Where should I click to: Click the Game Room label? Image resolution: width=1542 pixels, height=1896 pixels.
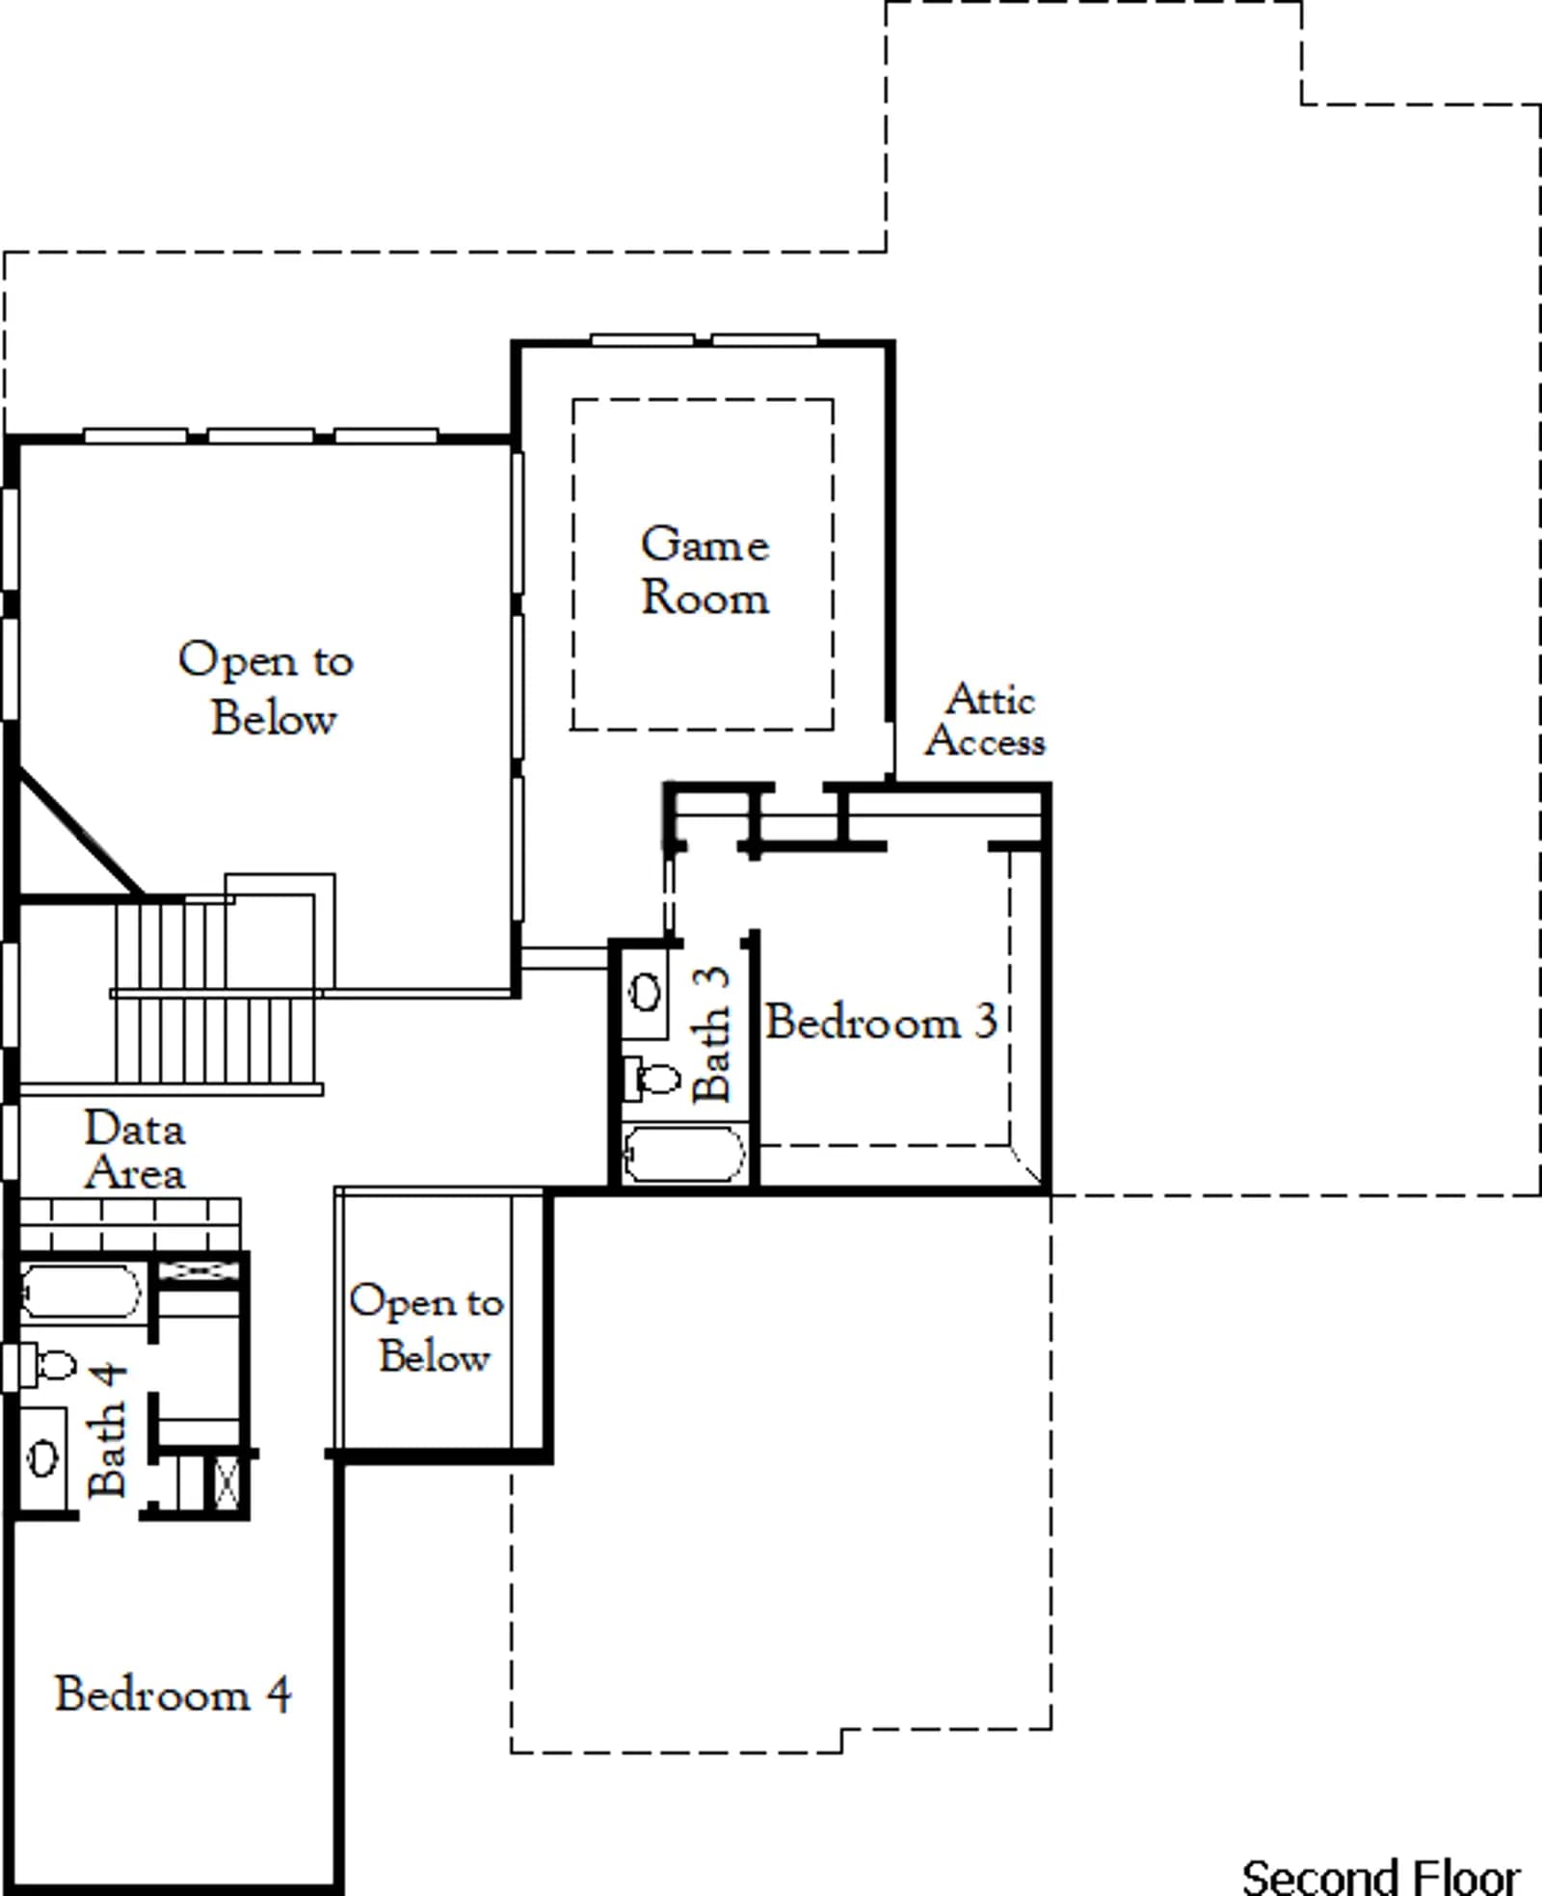point(705,571)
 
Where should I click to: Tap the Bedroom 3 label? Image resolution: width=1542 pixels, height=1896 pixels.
point(881,1022)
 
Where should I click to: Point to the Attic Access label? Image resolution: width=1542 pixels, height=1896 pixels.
point(986,720)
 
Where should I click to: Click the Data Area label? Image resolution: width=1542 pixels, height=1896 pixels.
point(135,1151)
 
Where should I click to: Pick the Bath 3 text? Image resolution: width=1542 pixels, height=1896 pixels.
point(711,1034)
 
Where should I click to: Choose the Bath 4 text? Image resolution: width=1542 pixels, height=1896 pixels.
point(106,1429)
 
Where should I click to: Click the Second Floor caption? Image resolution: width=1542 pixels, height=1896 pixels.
point(1381,1876)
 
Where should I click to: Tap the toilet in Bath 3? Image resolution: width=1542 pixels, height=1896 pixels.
point(652,1078)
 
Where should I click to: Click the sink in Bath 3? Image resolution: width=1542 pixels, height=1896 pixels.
point(646,992)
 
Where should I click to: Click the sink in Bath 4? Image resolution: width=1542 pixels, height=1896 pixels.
point(42,1456)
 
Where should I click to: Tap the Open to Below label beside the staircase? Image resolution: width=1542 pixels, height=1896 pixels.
point(267,688)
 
